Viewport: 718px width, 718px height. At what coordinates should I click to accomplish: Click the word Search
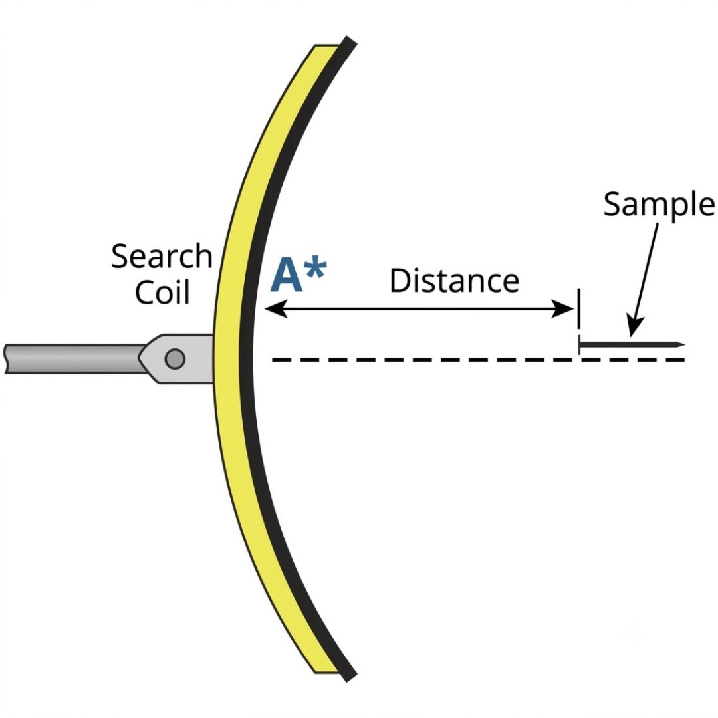point(162,256)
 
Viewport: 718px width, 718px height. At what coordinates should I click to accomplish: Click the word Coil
point(163,292)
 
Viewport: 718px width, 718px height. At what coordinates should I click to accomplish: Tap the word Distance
point(454,281)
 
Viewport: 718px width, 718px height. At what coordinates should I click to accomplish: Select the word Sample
point(658,205)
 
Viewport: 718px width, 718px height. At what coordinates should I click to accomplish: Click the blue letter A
point(287,275)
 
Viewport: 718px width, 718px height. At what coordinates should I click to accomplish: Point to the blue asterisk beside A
point(316,269)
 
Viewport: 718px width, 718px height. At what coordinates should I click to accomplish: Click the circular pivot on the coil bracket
point(175,358)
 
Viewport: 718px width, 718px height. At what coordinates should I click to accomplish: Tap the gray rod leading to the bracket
point(73,358)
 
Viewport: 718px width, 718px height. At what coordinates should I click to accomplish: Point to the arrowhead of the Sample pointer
point(635,326)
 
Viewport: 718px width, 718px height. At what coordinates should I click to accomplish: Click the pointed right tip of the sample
point(685,344)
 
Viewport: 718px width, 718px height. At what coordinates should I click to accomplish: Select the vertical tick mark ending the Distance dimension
point(579,308)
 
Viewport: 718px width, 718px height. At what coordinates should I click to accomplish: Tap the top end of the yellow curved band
point(326,46)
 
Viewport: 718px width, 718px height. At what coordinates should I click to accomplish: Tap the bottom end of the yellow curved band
point(326,671)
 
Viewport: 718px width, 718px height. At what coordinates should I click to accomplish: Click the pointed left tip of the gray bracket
point(139,358)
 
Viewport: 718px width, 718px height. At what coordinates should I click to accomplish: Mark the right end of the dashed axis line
point(685,360)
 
